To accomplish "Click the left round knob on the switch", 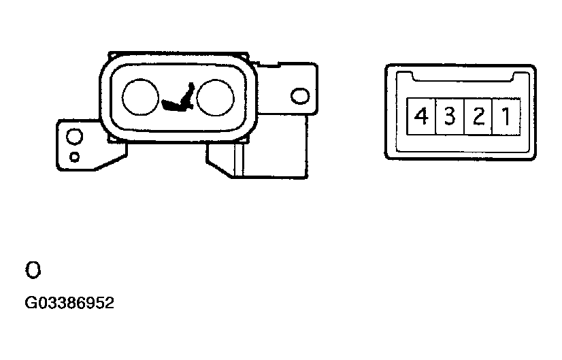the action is [140, 97].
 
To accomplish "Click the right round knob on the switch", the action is [216, 97].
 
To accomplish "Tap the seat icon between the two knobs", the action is [178, 97].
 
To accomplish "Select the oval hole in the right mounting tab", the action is [300, 96].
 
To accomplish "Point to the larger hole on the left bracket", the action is [75, 137].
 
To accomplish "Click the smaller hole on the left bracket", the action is [75, 157].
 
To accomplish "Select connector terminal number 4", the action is [421, 116].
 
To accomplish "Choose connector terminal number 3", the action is [450, 116].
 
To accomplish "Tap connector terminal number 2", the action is [478, 116].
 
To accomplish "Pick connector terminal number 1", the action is [506, 116].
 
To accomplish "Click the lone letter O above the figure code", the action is [33, 270].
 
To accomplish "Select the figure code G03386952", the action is [69, 303].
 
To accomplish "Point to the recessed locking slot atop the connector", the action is [463, 77].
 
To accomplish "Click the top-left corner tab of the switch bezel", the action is [112, 56].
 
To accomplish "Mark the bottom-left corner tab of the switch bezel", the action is [112, 140].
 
